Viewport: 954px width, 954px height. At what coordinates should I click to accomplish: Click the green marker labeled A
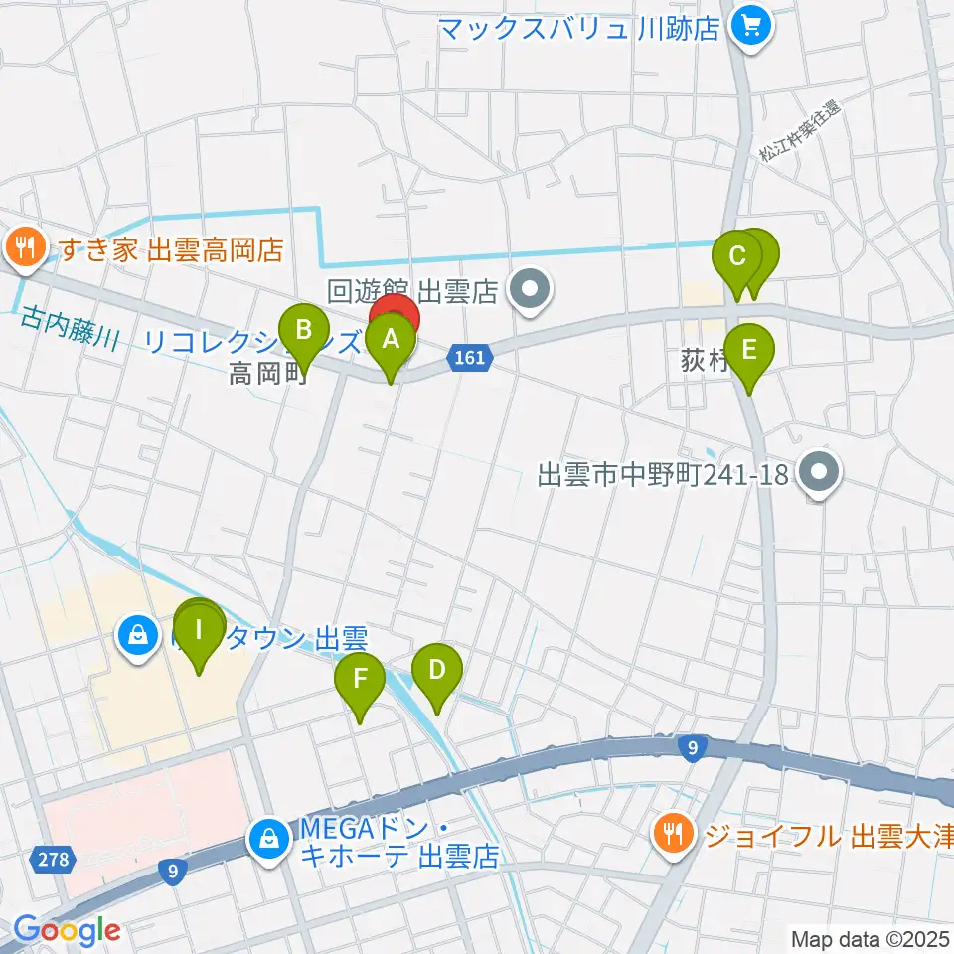pos(391,342)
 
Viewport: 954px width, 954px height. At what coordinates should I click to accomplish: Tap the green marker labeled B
pos(305,330)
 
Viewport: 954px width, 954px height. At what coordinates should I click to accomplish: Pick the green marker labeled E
pos(748,351)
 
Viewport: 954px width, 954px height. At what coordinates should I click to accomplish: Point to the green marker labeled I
pos(199,631)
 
